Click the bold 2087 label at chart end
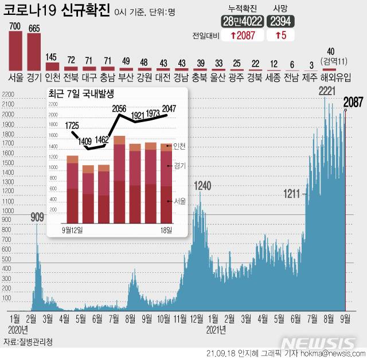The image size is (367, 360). click(353, 103)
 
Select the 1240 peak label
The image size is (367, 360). click(202, 186)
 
